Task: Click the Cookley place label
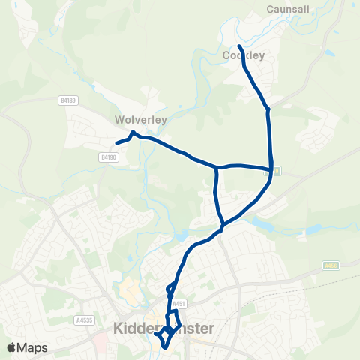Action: coord(244,55)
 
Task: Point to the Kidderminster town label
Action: coord(163,328)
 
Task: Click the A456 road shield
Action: coord(331,265)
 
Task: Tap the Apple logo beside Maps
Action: coord(12,347)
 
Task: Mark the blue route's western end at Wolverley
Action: coord(116,143)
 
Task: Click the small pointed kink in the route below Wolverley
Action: coord(133,133)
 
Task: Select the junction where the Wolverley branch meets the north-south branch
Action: coord(217,168)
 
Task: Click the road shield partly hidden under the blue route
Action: coord(275,171)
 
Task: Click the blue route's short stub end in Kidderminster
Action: coord(156,334)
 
